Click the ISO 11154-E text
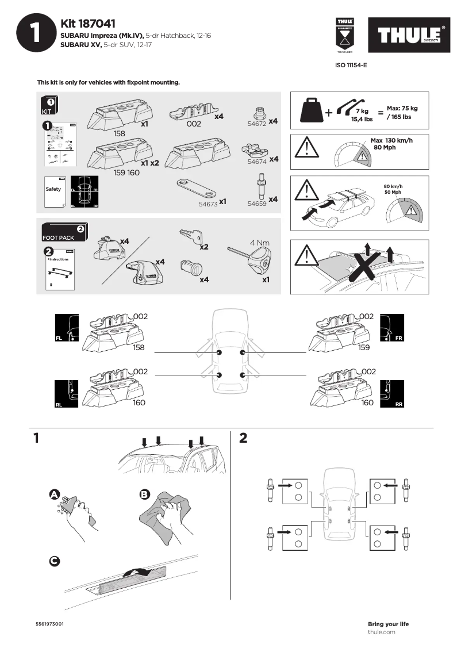(351, 66)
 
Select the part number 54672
(256, 123)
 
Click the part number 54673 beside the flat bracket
(208, 203)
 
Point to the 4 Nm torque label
(260, 243)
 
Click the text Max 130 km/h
(391, 140)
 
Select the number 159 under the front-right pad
(364, 348)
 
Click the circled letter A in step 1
(54, 494)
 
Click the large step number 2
(243, 439)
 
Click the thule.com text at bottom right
(382, 632)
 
